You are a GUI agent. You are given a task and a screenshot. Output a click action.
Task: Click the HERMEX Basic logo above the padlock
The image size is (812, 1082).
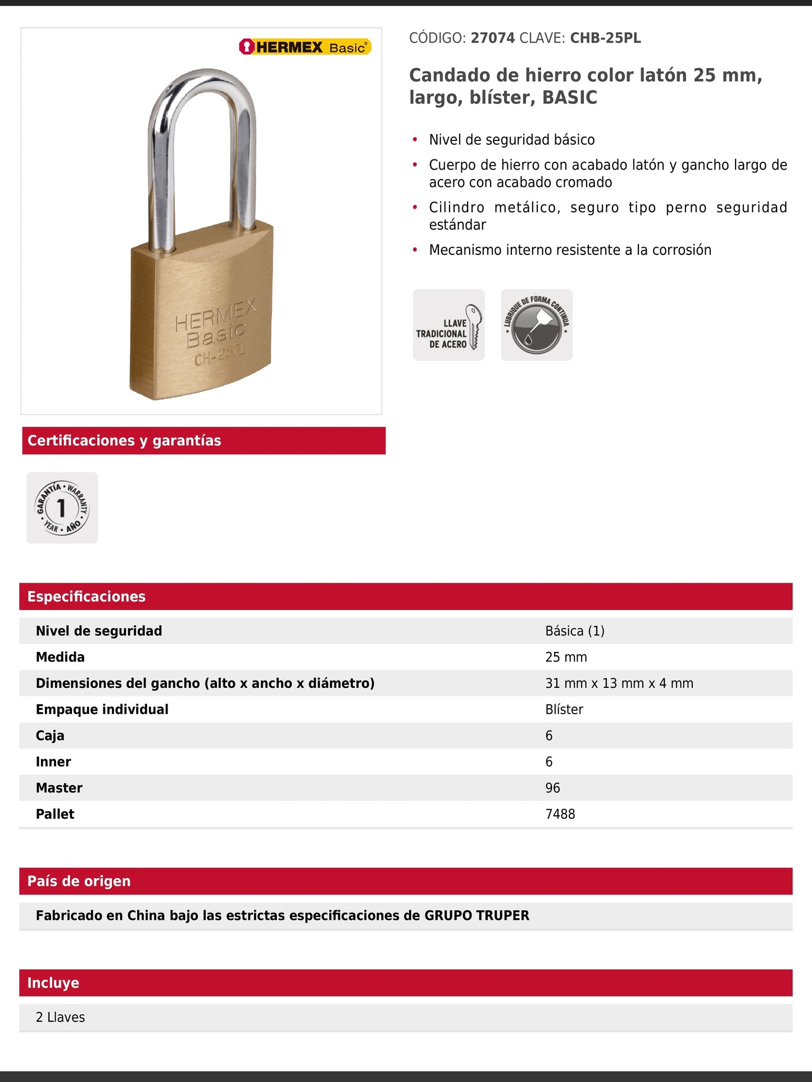coord(305,47)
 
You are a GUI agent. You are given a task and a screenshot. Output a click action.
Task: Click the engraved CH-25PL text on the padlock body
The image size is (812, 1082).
coord(220,354)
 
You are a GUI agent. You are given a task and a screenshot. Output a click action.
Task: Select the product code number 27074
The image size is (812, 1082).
coord(492,38)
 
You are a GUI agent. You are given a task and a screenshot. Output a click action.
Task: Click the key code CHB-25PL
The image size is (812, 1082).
coord(605,38)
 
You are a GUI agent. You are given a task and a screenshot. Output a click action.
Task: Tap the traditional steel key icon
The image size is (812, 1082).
coord(448,325)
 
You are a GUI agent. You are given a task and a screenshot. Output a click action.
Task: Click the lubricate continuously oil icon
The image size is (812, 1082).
coord(537,325)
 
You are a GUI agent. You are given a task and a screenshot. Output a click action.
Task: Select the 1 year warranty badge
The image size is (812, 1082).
coord(62,508)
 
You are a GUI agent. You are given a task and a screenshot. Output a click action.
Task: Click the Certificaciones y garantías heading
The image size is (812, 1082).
coord(124,441)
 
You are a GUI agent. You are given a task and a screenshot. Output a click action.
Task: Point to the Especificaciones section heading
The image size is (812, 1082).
coord(87,596)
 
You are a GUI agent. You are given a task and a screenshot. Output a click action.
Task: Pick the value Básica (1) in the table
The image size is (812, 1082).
coord(575,631)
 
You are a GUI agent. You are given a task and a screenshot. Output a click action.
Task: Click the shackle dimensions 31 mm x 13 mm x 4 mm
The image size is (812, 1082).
coord(619,683)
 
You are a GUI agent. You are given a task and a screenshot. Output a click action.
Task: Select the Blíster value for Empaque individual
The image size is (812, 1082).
coord(564,710)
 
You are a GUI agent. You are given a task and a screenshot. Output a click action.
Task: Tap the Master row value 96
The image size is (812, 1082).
coord(552,788)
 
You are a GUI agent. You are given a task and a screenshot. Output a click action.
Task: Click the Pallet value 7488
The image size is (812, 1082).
coord(560,814)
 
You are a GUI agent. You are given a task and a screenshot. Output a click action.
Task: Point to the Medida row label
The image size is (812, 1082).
coord(60,657)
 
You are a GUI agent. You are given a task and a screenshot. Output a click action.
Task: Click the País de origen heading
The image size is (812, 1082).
coord(79,881)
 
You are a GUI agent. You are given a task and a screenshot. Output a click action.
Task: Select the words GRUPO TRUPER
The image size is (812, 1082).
coord(477,916)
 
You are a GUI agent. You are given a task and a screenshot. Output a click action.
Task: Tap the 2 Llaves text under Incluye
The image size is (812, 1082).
coord(60,1017)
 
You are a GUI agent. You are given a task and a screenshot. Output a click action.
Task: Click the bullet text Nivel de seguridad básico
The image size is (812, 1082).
coord(511,140)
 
